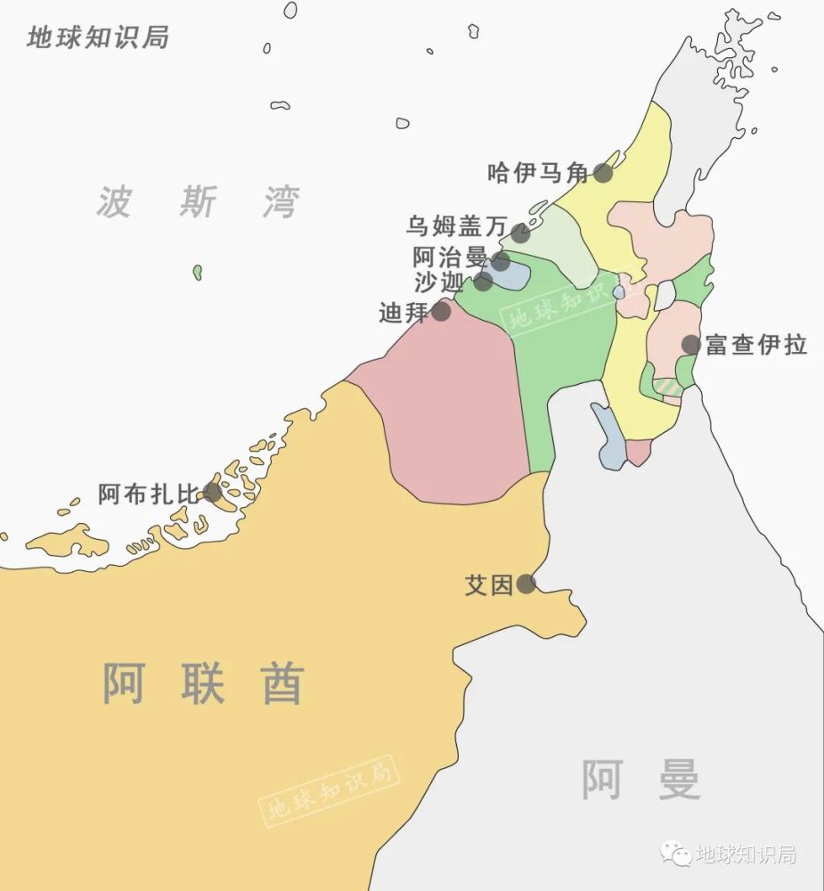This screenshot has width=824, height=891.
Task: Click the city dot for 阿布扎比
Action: click(x=212, y=492)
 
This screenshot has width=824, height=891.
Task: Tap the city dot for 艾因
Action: click(x=526, y=584)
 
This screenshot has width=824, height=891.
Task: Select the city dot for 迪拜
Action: click(x=441, y=311)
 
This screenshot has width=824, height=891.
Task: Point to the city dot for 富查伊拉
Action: click(x=690, y=344)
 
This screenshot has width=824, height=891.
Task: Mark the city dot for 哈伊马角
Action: click(x=604, y=173)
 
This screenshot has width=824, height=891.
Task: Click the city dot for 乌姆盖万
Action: click(x=520, y=233)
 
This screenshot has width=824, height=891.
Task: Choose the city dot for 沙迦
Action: click(x=482, y=282)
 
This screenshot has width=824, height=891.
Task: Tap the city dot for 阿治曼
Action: click(x=501, y=261)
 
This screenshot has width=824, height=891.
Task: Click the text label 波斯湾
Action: click(x=198, y=202)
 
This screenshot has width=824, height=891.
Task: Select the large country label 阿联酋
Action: click(x=203, y=684)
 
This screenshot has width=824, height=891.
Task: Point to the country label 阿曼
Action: click(x=640, y=780)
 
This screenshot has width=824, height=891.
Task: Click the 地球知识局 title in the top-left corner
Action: click(x=98, y=38)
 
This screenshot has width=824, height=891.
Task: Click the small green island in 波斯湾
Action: click(x=198, y=272)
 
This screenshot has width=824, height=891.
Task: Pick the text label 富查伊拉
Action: click(x=756, y=345)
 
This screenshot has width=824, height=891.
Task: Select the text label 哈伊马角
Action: click(x=539, y=173)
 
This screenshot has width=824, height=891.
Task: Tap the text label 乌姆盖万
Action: click(x=456, y=226)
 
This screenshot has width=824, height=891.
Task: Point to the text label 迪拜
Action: click(x=404, y=313)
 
